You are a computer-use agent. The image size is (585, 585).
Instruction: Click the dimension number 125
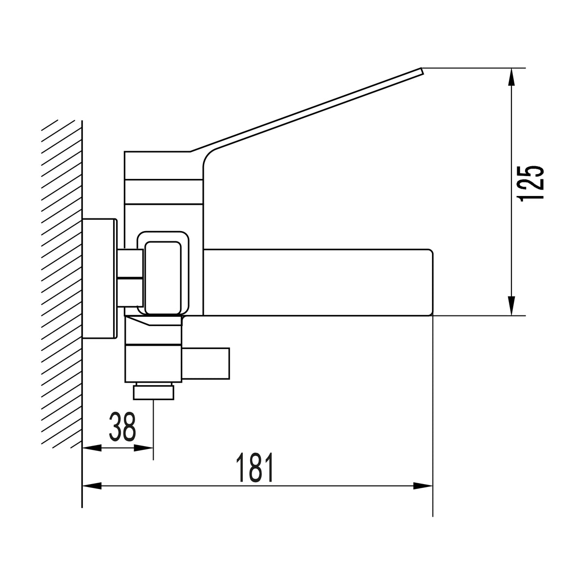tap(531, 183)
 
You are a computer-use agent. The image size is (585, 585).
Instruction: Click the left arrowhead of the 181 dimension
tap(92, 486)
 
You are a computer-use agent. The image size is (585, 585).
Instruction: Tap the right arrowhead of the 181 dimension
tap(423, 486)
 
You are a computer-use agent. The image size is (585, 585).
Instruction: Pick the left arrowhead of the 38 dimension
tap(92, 448)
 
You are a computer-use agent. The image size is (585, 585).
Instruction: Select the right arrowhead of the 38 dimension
tap(144, 448)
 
